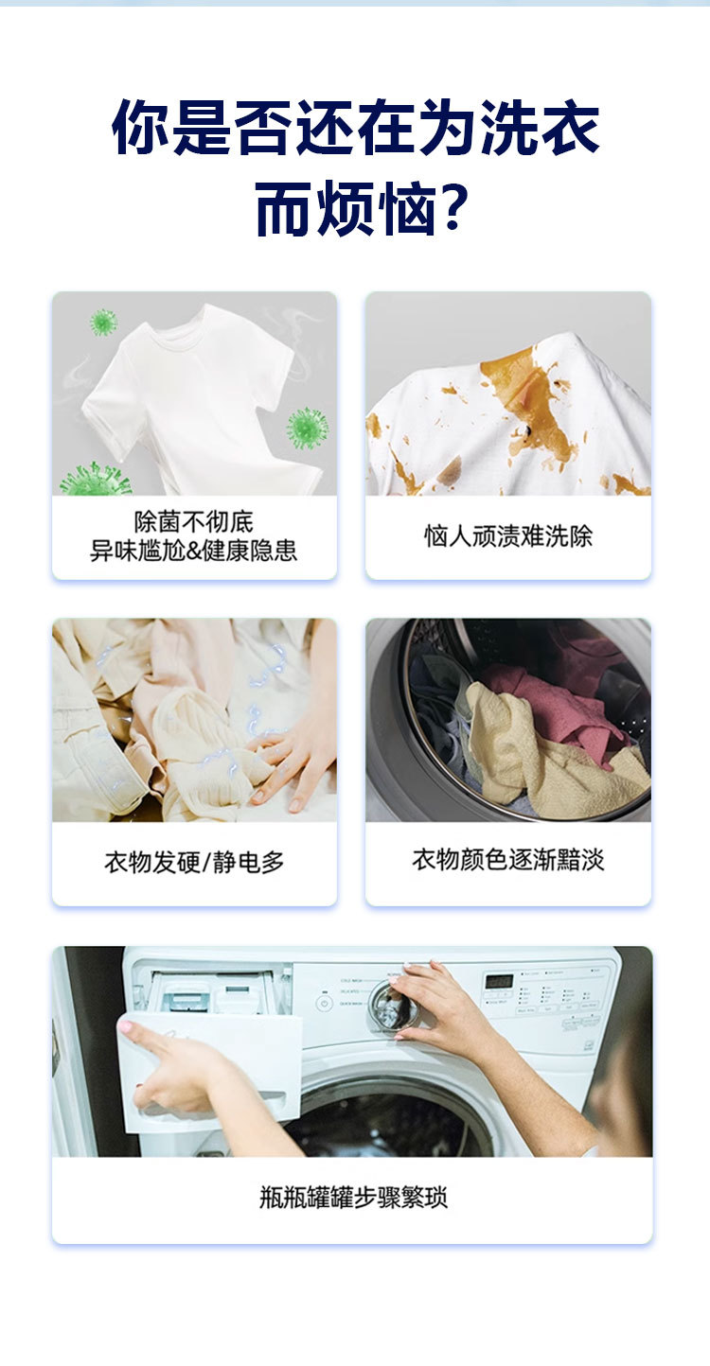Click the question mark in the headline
click(453, 208)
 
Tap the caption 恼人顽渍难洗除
click(508, 536)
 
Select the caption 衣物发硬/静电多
click(194, 863)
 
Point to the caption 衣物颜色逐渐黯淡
click(508, 860)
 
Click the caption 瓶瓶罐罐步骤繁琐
click(353, 1197)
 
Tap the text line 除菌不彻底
click(193, 521)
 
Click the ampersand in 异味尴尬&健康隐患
click(193, 551)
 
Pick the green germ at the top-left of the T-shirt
click(103, 322)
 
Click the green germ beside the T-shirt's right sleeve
click(307, 428)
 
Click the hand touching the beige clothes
click(293, 762)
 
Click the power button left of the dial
click(324, 1003)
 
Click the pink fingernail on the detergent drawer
click(124, 1026)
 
